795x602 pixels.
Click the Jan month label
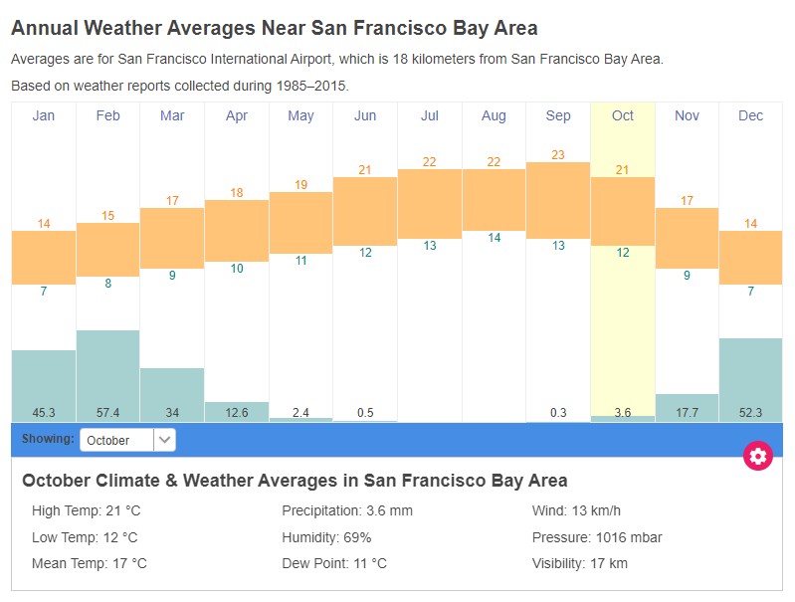44,115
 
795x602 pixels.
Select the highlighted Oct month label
623,115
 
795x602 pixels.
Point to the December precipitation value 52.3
751,412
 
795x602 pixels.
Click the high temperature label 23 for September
558,154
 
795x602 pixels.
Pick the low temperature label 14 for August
494,238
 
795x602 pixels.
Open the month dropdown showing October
128,440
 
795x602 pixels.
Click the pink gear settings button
758,456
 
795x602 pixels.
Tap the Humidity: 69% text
326,537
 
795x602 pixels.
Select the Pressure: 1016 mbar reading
597,537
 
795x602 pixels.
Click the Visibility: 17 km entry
580,563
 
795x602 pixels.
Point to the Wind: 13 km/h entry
577,510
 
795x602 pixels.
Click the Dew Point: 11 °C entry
334,563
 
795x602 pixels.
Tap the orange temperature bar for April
237,230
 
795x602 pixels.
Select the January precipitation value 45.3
43,412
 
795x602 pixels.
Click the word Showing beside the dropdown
47,439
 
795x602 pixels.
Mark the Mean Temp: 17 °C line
90,563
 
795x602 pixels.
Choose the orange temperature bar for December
751,257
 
